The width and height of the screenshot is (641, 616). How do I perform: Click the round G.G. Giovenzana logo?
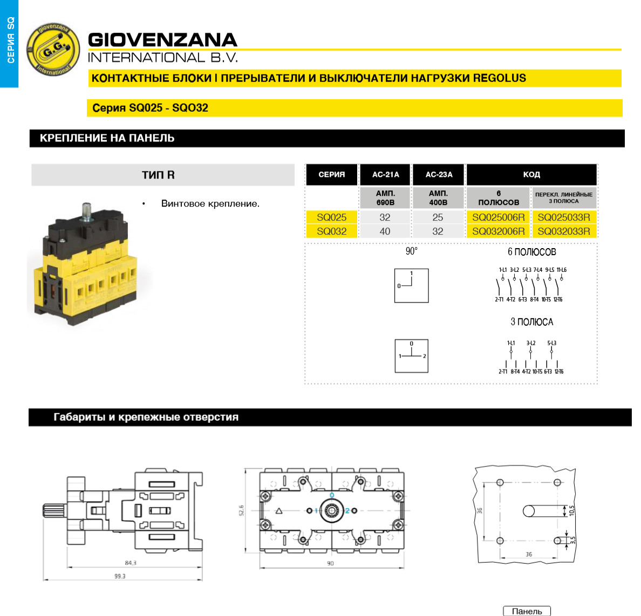tap(53, 49)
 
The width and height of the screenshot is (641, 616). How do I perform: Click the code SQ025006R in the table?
tap(498, 217)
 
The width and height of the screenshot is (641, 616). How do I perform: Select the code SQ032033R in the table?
tap(563, 231)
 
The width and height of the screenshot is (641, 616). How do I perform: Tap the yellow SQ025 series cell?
tap(331, 217)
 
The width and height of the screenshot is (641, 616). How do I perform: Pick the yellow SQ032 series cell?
tap(331, 231)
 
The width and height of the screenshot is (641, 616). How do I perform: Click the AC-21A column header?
tap(385, 175)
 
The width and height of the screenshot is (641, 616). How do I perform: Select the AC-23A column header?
tap(439, 175)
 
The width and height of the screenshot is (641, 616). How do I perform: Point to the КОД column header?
tap(531, 175)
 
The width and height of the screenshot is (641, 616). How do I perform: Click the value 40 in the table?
tap(385, 231)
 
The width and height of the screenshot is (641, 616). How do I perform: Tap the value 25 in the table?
tap(438, 217)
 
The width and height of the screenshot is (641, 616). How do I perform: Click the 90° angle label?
tap(411, 251)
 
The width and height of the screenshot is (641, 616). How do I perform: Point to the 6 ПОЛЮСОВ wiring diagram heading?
tap(531, 252)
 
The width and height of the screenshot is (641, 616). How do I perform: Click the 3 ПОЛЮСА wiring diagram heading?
tap(531, 322)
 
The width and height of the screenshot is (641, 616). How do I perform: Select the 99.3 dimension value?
tap(120, 576)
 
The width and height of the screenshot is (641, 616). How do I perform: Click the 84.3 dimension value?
tap(131, 563)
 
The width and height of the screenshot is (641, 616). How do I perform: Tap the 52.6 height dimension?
tap(241, 510)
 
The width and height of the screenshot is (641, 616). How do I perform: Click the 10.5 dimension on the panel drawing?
tap(572, 510)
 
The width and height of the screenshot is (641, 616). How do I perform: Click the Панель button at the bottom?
tap(527, 611)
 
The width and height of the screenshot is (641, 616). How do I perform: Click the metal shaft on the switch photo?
tap(87, 211)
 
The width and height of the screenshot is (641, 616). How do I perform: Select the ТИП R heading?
tap(158, 175)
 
